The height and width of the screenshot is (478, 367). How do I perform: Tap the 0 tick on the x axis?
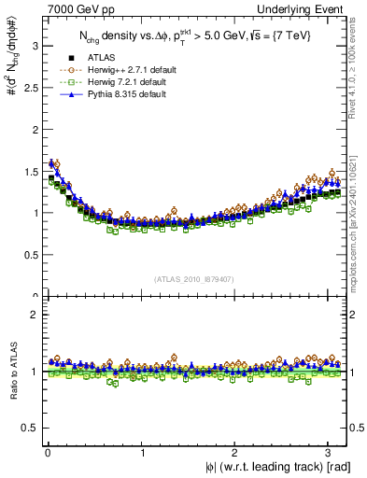click(x=47, y=453)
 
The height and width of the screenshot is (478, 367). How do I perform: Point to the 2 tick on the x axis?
click(x=237, y=453)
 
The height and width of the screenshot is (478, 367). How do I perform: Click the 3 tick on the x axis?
click(x=332, y=453)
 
